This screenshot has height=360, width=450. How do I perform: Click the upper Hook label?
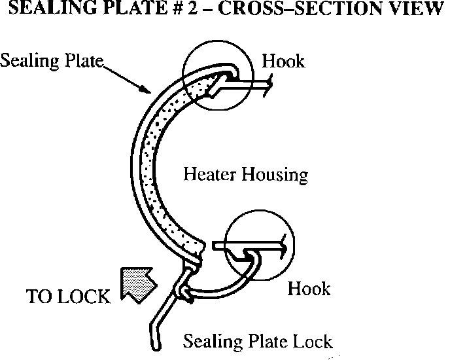[x=283, y=62]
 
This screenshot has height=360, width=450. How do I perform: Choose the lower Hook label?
[x=309, y=288]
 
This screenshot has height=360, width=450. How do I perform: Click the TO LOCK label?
[x=68, y=297]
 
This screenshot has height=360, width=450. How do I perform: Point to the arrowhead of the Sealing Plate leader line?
[x=152, y=93]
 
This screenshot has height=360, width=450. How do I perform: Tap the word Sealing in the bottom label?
[x=210, y=341]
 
